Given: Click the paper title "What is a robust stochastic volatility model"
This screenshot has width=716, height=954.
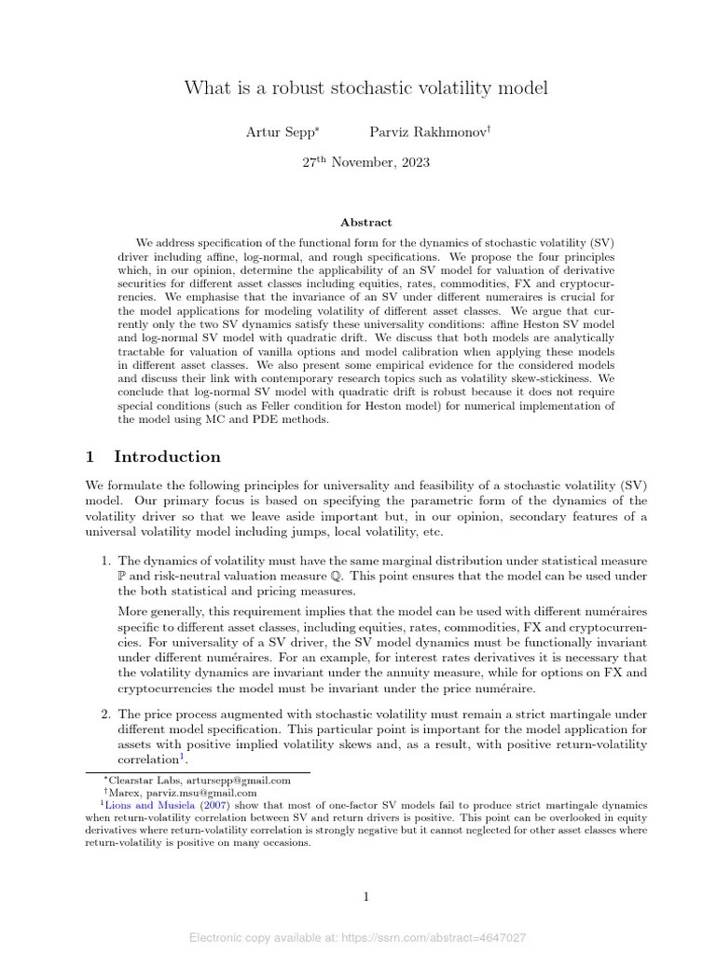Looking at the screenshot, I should click(365, 89).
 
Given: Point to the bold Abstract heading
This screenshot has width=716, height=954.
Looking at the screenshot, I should click(365, 223).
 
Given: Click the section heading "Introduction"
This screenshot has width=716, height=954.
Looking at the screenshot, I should click(167, 457).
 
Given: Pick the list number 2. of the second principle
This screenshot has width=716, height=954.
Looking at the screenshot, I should click(106, 714).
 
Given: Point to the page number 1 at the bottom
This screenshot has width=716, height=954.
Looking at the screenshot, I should click(365, 897).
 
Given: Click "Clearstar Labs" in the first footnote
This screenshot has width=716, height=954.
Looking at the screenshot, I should click(140, 780).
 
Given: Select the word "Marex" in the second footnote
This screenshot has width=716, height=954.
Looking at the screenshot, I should click(121, 792).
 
